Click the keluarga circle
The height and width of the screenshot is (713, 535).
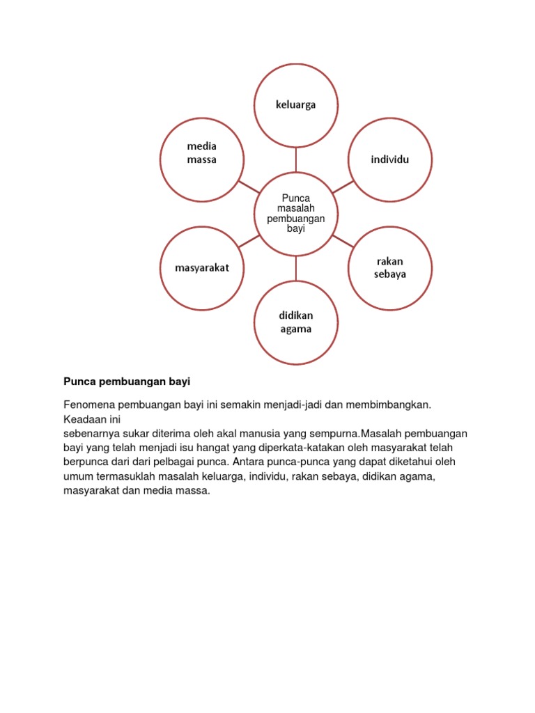click(x=295, y=105)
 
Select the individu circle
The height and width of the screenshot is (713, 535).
click(x=390, y=159)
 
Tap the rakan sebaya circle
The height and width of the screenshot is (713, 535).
click(x=390, y=268)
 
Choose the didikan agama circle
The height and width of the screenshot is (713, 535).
click(x=295, y=322)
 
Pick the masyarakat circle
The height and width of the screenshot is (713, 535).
click(x=202, y=268)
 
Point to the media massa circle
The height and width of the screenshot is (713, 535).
click(x=202, y=159)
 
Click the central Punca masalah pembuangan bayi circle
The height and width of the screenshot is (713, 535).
click(x=295, y=213)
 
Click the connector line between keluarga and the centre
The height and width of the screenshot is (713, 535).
click(x=295, y=159)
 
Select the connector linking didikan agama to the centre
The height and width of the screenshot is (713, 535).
click(x=295, y=267)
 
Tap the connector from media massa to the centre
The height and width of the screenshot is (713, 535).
click(x=249, y=187)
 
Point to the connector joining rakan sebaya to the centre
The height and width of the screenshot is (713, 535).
click(x=343, y=240)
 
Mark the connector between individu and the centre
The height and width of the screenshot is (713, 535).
click(x=343, y=187)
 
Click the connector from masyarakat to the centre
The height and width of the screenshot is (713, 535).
click(x=249, y=240)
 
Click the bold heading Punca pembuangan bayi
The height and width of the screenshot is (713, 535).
click(x=127, y=382)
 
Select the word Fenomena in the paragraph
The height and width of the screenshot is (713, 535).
click(x=89, y=405)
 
